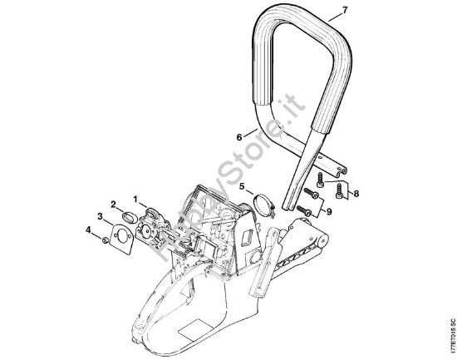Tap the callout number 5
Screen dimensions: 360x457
click(x=243, y=187)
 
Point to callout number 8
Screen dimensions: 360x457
click(x=357, y=194)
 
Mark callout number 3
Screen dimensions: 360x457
click(x=101, y=218)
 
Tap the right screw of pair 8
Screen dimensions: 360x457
click(x=339, y=190)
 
